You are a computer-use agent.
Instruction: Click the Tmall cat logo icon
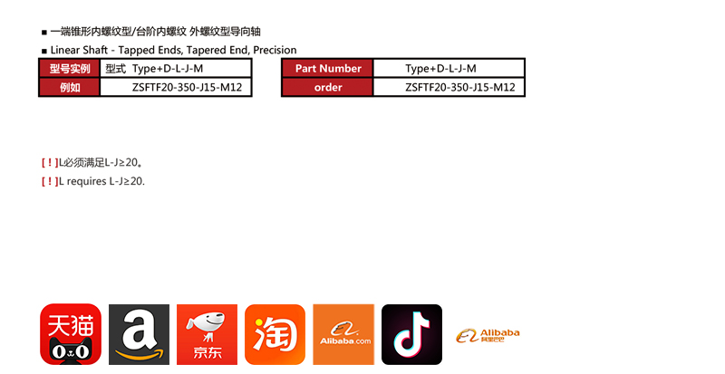71,334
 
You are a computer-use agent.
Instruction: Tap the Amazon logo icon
140,334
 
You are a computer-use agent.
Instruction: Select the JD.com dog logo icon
208,334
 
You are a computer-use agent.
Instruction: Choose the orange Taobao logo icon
275,334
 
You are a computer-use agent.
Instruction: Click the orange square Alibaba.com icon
343,334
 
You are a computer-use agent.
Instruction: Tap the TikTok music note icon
411,334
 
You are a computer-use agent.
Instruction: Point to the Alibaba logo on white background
488,336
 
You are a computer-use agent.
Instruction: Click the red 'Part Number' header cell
327,69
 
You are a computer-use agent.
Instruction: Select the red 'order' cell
327,87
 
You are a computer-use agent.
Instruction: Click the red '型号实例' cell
70,69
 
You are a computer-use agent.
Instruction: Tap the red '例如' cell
70,87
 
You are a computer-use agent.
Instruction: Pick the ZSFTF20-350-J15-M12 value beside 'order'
460,87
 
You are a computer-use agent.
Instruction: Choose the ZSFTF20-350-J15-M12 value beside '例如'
187,87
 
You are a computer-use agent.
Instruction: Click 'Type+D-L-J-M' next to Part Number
440,69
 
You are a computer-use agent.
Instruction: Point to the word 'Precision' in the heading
275,50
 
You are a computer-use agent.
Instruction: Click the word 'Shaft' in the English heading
95,50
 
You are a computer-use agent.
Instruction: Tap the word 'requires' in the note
86,181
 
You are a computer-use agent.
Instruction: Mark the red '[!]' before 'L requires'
50,181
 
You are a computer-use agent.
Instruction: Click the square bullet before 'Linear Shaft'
44,51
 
